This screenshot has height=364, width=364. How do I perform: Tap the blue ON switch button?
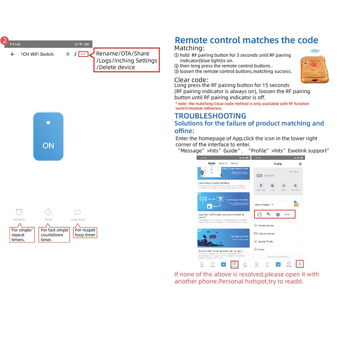click(48, 136)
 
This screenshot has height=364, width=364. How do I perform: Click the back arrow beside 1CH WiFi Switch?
click(13, 54)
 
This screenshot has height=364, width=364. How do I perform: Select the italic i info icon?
click(75, 54)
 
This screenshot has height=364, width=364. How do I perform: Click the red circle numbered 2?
click(5, 40)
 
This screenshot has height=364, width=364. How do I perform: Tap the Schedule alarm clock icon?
click(19, 212)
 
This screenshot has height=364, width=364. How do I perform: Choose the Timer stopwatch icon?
click(48, 212)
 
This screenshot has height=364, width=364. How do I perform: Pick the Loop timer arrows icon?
click(78, 212)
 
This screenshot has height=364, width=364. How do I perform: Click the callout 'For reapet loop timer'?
click(85, 233)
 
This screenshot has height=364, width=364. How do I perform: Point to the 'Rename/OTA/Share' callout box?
click(127, 60)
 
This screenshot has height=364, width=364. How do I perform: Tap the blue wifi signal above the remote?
click(315, 52)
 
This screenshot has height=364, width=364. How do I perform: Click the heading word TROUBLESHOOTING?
click(210, 116)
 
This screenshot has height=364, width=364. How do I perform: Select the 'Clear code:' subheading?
click(191, 80)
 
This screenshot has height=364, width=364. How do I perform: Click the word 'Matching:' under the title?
click(189, 48)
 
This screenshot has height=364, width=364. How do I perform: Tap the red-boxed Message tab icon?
click(234, 264)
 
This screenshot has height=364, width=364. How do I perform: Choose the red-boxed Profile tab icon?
click(300, 264)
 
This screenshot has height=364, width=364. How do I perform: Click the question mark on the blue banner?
click(220, 199)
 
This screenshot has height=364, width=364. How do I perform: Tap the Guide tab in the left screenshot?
click(211, 164)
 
